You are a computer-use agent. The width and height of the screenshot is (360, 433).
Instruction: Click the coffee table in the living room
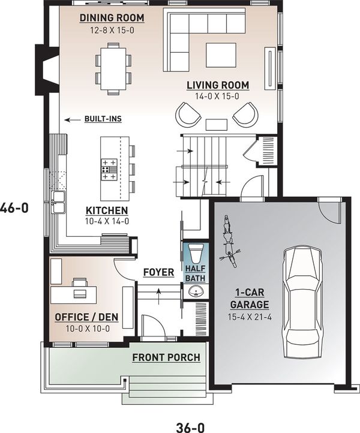221,54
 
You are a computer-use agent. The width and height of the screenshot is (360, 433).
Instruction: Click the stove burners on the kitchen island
109,169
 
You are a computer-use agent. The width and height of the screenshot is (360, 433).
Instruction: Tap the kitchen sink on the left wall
58,202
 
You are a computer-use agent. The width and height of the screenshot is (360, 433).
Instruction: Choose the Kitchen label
107,211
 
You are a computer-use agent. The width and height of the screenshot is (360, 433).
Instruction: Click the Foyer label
158,273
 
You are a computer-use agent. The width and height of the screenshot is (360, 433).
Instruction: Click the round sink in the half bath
195,291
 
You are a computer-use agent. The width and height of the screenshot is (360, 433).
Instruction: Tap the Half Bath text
196,273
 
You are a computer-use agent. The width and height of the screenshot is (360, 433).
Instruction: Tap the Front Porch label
166,358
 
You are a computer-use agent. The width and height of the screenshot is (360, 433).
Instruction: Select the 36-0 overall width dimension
191,412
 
